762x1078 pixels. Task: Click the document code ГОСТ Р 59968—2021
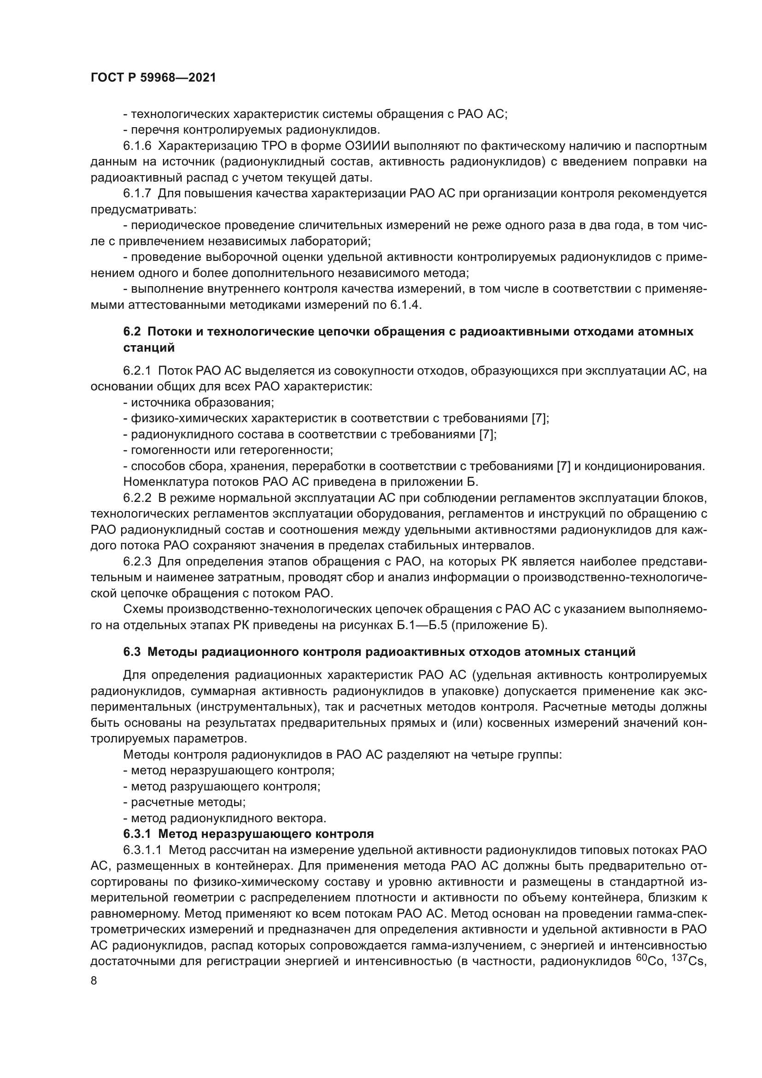click(x=153, y=78)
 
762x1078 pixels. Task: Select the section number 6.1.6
click(x=137, y=146)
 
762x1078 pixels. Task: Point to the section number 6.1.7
click(x=137, y=194)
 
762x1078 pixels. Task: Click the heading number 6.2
click(x=132, y=331)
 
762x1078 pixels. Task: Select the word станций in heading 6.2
click(x=149, y=348)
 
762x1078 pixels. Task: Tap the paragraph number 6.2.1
click(x=137, y=371)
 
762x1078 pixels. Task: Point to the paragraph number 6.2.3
click(x=137, y=561)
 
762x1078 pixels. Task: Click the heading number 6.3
click(x=132, y=652)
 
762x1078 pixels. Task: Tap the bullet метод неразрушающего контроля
click(x=232, y=771)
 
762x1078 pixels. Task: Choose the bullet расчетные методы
click(x=188, y=802)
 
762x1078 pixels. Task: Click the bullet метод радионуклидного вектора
click(x=228, y=819)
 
